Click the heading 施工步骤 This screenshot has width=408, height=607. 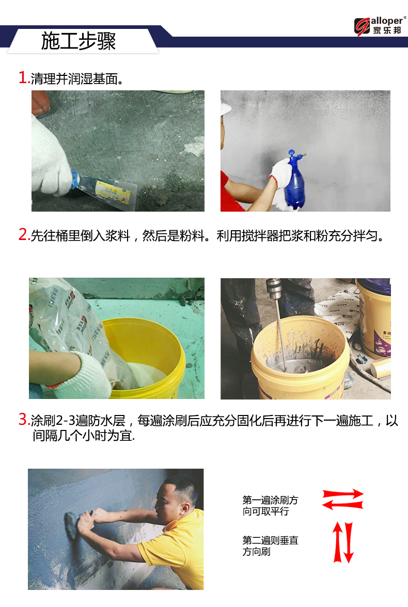[x=79, y=41]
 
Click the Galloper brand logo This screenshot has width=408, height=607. [x=380, y=26]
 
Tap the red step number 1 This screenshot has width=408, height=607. [x=23, y=77]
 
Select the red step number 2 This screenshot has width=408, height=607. [x=23, y=234]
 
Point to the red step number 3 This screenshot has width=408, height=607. [x=23, y=419]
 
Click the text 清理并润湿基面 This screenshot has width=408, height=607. [x=74, y=78]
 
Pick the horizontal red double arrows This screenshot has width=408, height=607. [x=343, y=500]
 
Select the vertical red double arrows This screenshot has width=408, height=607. [x=343, y=542]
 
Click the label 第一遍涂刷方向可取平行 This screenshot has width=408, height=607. [x=270, y=506]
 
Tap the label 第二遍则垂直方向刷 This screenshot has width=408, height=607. [x=270, y=546]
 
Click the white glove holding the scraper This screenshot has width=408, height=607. [x=51, y=159]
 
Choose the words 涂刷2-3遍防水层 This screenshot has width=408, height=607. [x=78, y=420]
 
